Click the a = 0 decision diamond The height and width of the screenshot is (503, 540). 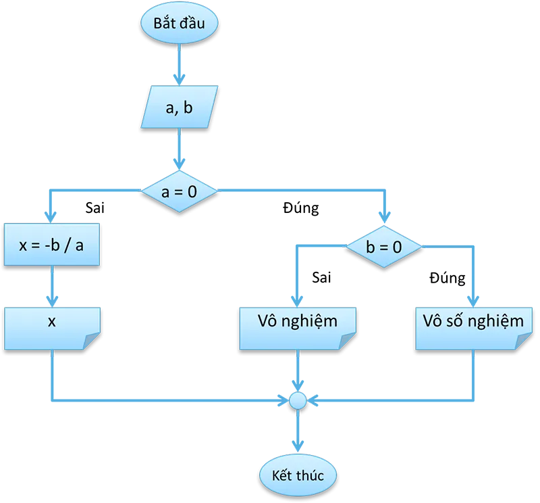(x=180, y=191)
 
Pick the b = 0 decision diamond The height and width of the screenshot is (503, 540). (x=384, y=247)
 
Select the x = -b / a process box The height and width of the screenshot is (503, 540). (x=52, y=245)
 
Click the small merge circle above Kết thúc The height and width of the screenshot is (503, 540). (x=297, y=401)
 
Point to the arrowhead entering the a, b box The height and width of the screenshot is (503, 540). (x=179, y=78)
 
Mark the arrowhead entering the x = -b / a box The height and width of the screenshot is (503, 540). (x=49, y=216)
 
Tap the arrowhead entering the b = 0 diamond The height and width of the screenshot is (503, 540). (x=384, y=219)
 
